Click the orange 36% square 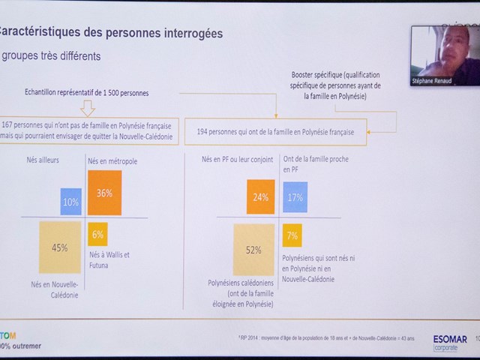(104, 193)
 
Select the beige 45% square (59, 247)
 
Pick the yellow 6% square (98, 235)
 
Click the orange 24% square (260, 196)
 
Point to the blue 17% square (295, 198)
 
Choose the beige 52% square (253, 250)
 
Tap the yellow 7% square (293, 236)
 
